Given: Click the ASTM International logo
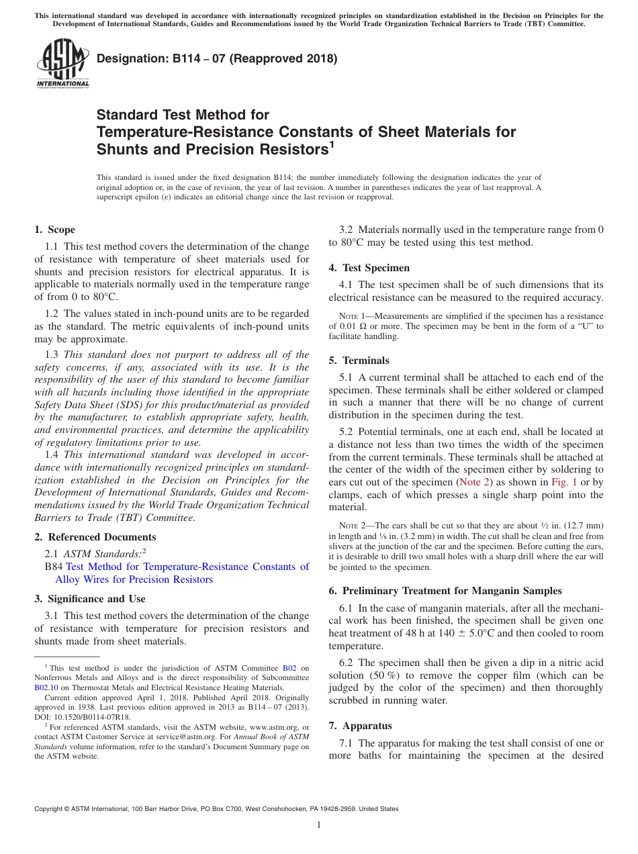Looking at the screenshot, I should pos(62,63).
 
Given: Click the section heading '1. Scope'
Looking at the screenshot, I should pos(55,230).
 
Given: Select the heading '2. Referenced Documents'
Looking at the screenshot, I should pos(95,537).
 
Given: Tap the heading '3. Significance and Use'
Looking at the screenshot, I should pos(90,599).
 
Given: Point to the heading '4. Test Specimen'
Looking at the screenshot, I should pos(369,268).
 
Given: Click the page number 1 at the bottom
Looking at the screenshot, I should pos(319,825).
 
